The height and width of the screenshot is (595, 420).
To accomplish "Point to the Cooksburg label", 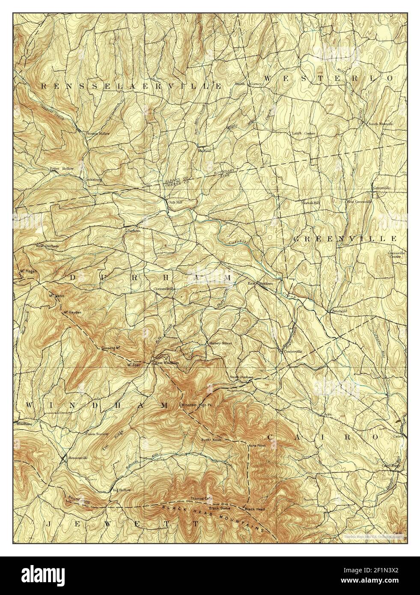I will (x=92, y=179).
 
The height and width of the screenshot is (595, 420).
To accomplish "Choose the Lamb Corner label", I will (x=304, y=134).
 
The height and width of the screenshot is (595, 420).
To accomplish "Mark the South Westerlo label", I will (x=380, y=124).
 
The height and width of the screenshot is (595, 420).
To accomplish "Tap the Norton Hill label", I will (x=311, y=202).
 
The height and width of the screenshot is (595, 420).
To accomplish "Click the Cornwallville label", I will (x=165, y=289).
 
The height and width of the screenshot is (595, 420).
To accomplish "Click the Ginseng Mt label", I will (x=110, y=348).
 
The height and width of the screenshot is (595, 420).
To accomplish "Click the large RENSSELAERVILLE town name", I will (x=132, y=86).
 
